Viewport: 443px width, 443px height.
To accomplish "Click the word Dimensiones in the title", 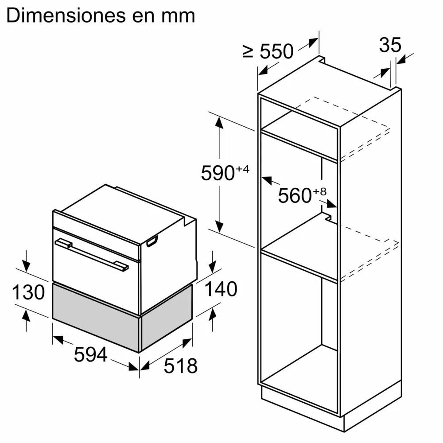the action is point(66,16).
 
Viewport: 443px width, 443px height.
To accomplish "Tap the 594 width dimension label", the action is point(91,354).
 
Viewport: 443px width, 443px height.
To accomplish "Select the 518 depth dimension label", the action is point(181,366).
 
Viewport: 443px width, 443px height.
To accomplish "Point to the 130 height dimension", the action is point(28,292).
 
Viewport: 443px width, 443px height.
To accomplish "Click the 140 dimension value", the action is point(221,289).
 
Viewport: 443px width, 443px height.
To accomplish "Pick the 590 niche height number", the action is point(218,173).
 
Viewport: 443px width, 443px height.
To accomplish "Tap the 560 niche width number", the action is point(295,195).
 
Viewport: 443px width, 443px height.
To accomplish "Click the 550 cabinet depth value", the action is point(276,51).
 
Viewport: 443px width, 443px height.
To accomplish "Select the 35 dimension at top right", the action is point(390,45).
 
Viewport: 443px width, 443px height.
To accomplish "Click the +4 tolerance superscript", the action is point(243,169).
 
